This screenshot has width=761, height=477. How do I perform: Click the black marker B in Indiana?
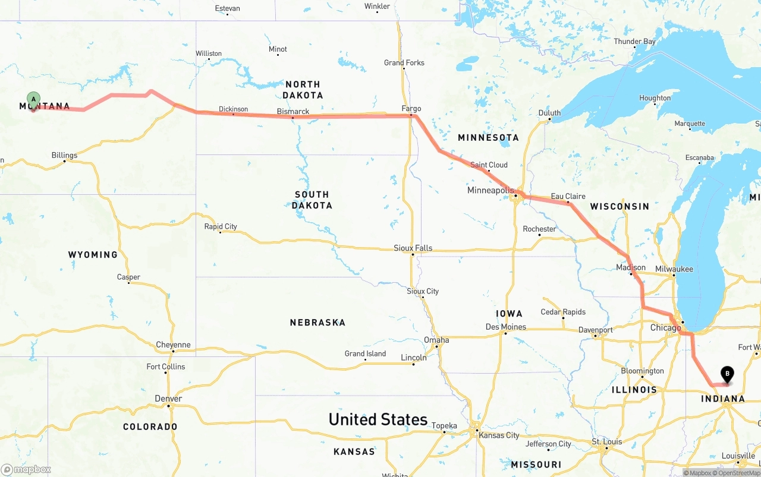[727, 374]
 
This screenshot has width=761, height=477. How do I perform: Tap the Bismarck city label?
[293, 112]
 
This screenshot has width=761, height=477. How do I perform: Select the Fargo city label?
[411, 109]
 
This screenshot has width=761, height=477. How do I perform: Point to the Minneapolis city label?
[490, 190]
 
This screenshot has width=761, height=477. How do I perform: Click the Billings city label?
[64, 156]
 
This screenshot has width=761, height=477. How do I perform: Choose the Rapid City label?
[221, 226]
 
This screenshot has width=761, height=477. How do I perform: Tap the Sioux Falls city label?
[413, 248]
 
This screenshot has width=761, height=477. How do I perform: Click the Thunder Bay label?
[634, 42]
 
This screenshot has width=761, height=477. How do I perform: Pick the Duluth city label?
[549, 113]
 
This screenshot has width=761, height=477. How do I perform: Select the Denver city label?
[168, 399]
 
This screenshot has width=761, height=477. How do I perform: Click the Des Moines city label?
[505, 327]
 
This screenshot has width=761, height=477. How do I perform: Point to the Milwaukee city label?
[674, 269]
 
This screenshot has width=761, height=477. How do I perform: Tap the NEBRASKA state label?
[317, 323]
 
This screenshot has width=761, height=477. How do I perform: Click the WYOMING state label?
[93, 255]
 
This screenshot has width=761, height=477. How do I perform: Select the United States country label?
[378, 419]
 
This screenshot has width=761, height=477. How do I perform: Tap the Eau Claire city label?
[568, 196]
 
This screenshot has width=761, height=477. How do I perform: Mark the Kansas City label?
[499, 435]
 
